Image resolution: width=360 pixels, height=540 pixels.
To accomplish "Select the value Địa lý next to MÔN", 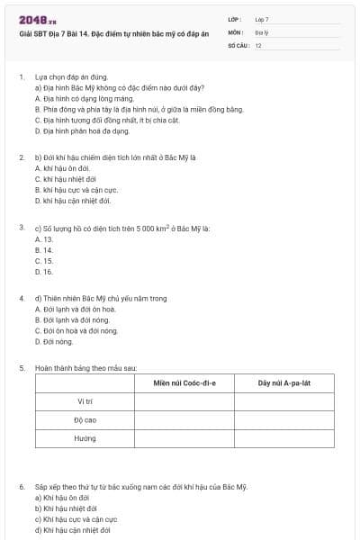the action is click(261, 31).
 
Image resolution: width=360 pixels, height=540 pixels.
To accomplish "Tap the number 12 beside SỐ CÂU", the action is click(258, 44).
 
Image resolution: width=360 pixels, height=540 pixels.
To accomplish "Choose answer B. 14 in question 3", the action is click(43, 249).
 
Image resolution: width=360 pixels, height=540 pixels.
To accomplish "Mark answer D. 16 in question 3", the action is click(43, 271).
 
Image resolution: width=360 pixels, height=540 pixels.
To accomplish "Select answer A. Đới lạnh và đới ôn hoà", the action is click(75, 309).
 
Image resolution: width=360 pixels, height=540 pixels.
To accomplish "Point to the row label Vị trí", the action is click(85, 400).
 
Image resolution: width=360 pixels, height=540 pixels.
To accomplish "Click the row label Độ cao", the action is click(85, 419).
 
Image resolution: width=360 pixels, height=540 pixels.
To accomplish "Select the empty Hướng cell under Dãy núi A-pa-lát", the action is click(283, 438).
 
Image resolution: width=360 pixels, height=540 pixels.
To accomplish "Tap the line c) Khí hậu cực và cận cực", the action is click(76, 519).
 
